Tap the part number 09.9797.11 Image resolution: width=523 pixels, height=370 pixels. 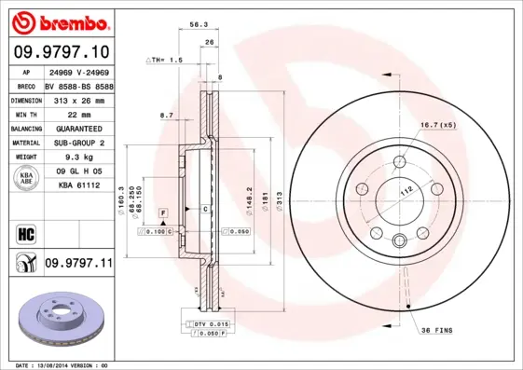click(x=77, y=265)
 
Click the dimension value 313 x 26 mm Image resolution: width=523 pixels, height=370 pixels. click(x=77, y=99)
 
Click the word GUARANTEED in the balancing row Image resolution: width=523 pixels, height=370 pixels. click(x=77, y=128)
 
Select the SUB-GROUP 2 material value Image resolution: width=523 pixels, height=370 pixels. click(x=77, y=143)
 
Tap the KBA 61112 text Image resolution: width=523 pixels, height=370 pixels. click(x=77, y=186)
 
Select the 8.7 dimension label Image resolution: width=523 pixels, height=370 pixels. click(x=168, y=115)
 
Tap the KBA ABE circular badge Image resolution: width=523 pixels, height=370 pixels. click(x=27, y=178)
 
